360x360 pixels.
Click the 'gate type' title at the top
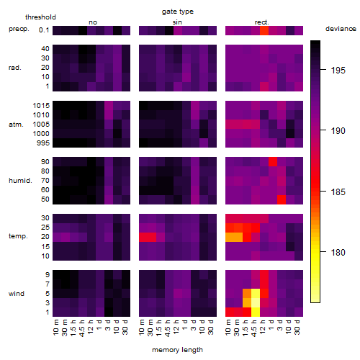(178, 12)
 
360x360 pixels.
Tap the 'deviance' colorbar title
(341, 29)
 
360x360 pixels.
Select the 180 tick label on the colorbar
(338, 252)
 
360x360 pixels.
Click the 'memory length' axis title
(178, 350)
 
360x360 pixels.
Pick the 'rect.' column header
(262, 22)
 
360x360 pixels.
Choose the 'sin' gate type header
(177, 22)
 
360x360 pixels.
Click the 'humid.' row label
(20, 180)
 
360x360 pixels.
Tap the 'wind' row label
(17, 293)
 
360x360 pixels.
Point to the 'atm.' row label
(16, 125)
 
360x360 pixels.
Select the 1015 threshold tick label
(41, 105)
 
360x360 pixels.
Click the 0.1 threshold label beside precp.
(44, 30)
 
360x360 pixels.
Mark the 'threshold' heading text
(40, 17)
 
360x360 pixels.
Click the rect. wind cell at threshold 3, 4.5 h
(256, 302)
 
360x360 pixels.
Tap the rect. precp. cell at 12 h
(264, 30)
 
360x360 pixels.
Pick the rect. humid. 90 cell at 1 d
(273, 162)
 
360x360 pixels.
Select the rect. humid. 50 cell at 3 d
(282, 199)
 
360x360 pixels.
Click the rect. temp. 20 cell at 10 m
(230, 237)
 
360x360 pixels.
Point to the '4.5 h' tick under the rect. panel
(254, 328)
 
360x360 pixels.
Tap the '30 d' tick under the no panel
(125, 327)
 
